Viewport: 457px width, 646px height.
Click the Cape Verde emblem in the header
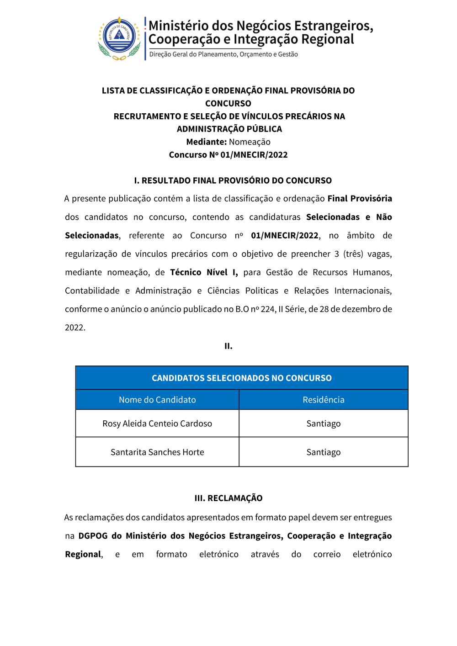point(119,38)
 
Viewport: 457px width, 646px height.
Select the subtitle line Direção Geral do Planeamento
point(223,54)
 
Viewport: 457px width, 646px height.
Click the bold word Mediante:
point(206,142)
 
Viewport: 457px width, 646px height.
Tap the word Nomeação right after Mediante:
point(250,142)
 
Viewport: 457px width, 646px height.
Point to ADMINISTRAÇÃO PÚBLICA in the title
point(229,129)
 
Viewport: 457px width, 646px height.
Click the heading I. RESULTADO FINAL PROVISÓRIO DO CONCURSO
point(233,180)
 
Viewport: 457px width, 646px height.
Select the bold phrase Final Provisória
point(359,199)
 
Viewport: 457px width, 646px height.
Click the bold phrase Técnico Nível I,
point(204,272)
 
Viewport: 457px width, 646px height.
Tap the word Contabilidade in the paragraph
point(92,291)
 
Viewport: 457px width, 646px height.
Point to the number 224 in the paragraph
point(268,309)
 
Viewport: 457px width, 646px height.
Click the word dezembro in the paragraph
point(355,309)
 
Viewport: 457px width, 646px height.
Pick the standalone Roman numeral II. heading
point(228,346)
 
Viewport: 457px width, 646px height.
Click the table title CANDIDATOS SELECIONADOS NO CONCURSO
point(241,378)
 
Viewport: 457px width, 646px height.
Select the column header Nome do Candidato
point(157,400)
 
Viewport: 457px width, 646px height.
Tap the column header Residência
point(323,400)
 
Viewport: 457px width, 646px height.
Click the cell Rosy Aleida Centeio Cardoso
point(157,424)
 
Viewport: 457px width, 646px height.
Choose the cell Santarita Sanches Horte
point(157,452)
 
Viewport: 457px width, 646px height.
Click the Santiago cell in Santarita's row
point(323,452)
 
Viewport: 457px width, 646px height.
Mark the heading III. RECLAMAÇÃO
point(228,498)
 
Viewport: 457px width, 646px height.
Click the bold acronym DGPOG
point(93,536)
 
